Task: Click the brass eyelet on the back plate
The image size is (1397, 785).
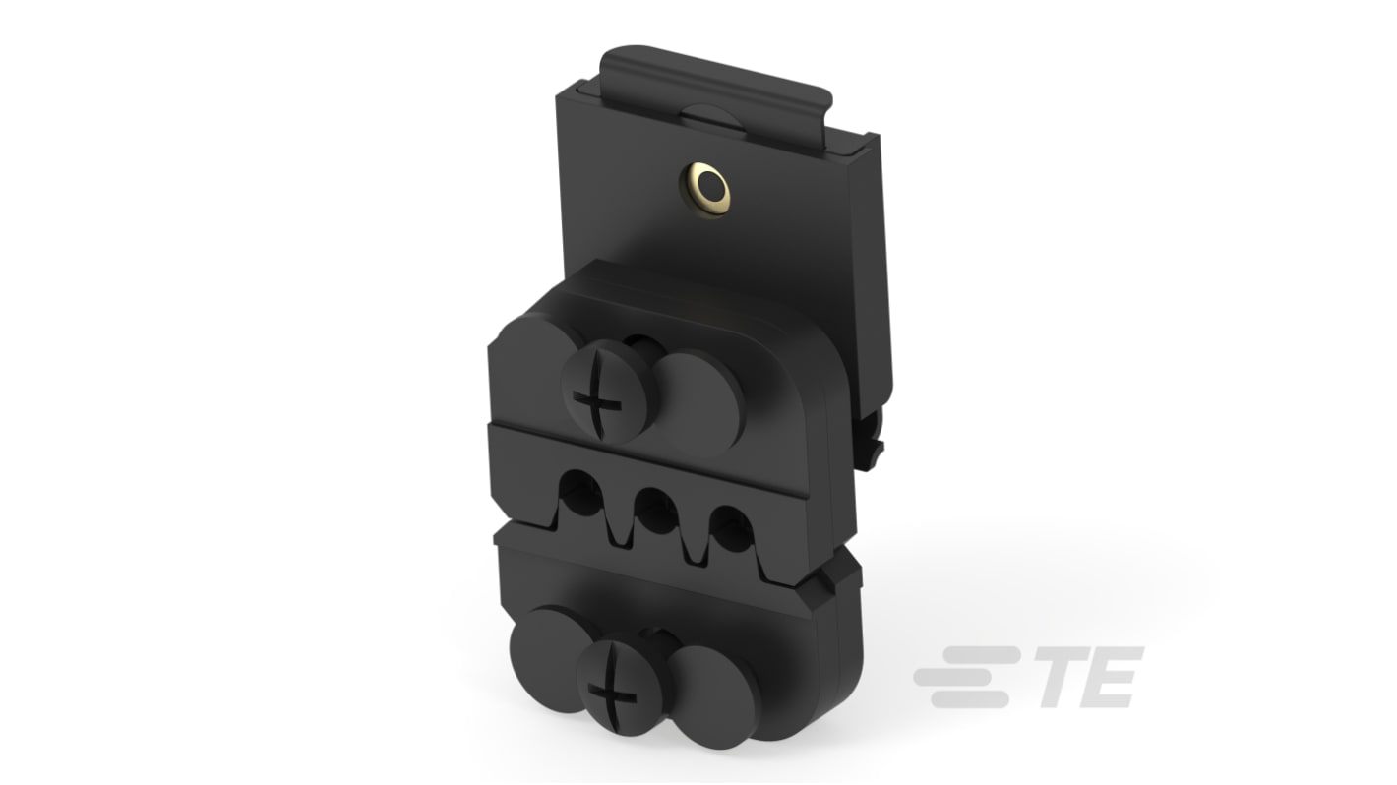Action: pyautogui.click(x=704, y=189)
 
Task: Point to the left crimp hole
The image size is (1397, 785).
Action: pyautogui.click(x=581, y=493)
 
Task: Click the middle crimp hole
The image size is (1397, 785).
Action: pyautogui.click(x=656, y=509)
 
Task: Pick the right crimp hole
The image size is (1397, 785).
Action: pyautogui.click(x=731, y=527)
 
